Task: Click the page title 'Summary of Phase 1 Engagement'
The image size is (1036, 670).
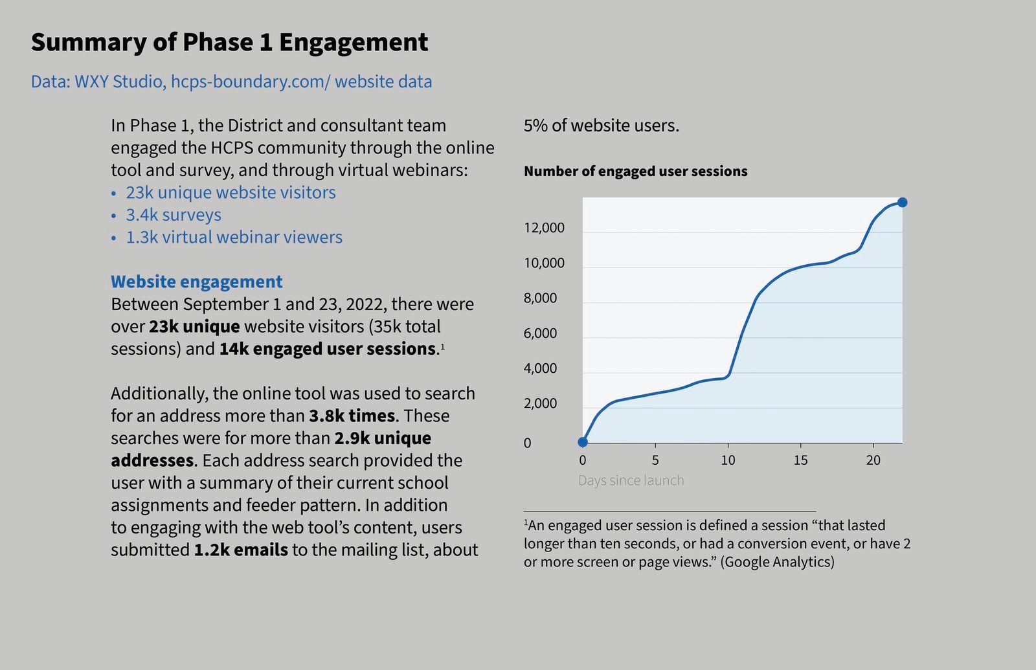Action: tap(229, 43)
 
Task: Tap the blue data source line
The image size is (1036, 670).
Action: tap(231, 82)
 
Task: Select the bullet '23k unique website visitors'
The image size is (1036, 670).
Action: tap(231, 193)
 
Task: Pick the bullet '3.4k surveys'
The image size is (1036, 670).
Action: tap(174, 215)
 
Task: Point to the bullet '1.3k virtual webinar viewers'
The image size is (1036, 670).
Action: tap(234, 238)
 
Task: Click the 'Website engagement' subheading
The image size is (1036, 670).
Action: tap(196, 282)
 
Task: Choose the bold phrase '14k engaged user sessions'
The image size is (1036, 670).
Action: tap(328, 349)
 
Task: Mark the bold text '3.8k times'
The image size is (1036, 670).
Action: tap(352, 416)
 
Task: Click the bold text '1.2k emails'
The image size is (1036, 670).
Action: tap(241, 550)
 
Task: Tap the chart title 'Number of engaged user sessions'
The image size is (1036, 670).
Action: tap(635, 172)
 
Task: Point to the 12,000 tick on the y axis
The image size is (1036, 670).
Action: tap(544, 228)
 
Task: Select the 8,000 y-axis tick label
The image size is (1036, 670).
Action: tap(540, 298)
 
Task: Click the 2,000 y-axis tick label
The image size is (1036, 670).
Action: tap(540, 404)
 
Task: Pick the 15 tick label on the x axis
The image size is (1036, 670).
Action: tap(801, 460)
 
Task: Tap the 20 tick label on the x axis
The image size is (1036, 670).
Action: tap(873, 460)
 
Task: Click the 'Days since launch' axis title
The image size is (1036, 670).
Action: tap(631, 480)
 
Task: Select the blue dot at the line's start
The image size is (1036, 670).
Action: tap(583, 442)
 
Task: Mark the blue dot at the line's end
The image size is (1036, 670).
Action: tap(903, 203)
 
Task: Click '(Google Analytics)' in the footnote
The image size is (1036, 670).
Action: tap(777, 562)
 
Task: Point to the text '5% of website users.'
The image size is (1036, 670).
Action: tap(602, 126)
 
